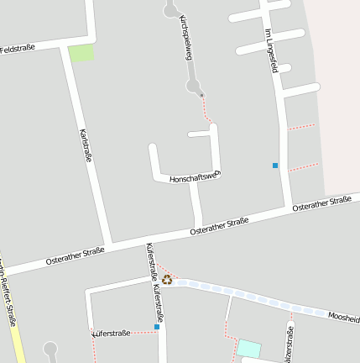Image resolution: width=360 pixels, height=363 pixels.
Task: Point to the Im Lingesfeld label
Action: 270,50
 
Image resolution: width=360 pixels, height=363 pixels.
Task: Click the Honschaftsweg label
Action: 194,177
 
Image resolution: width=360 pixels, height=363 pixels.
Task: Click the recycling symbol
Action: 167,279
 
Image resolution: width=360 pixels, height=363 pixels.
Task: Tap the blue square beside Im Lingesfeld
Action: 275,166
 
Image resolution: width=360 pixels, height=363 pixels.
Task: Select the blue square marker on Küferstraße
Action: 156,326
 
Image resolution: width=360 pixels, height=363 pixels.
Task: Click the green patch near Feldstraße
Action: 81,54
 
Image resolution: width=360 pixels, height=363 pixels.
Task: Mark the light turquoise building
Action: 249,348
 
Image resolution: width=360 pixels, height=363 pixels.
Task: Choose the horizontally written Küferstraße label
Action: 111,334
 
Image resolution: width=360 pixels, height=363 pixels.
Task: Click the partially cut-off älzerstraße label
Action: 289,345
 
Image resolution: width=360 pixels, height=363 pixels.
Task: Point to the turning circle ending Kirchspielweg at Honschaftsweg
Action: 195,87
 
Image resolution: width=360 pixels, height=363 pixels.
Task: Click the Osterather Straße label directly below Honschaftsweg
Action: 220,225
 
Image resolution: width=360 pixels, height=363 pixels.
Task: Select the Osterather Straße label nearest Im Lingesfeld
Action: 321,203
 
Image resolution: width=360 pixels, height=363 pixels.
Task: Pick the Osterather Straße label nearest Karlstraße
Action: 75,253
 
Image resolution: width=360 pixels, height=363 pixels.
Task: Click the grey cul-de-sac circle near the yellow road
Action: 51,348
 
